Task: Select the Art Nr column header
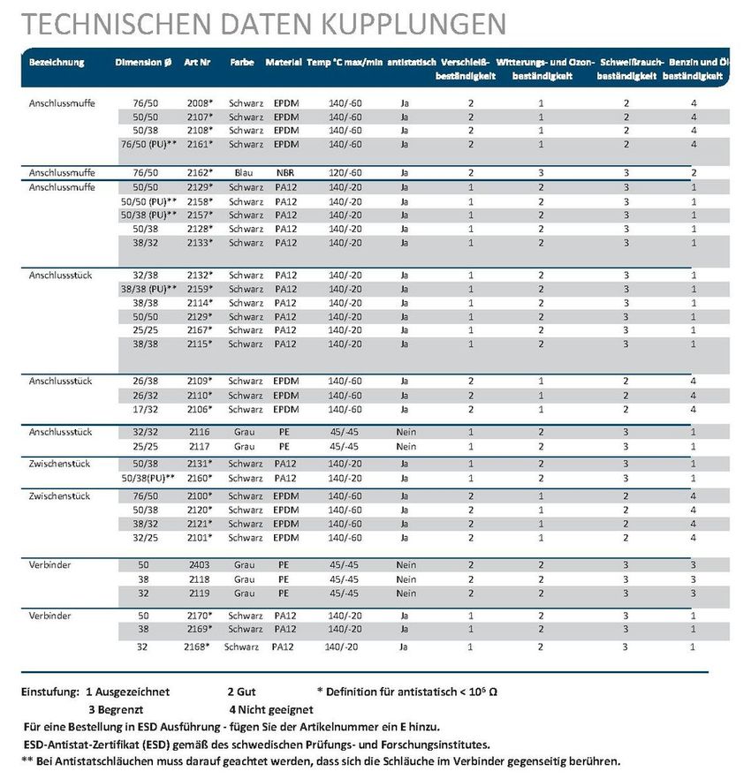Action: tap(198, 63)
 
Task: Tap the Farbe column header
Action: tap(242, 63)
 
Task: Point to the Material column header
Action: tap(284, 63)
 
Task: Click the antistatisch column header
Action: tap(412, 63)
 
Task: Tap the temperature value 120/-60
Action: tap(345, 173)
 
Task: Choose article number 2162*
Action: tap(200, 173)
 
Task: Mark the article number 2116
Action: tap(198, 433)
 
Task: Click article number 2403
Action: tap(198, 565)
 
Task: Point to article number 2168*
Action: tap(195, 647)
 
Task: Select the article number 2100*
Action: tap(200, 496)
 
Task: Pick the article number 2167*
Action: tap(200, 330)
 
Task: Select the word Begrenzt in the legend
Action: tap(120, 708)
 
